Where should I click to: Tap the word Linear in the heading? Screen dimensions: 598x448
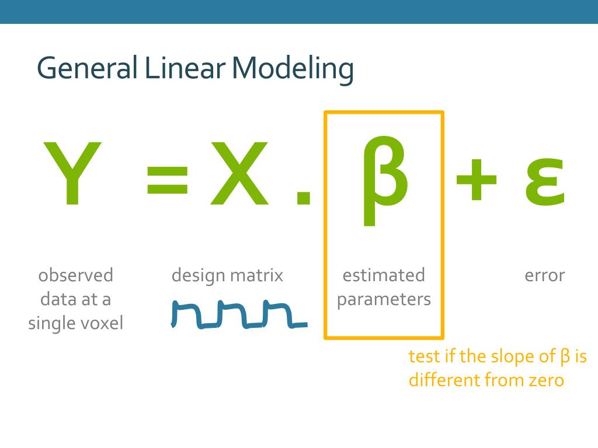[185, 69]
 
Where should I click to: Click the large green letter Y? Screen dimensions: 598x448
[72, 174]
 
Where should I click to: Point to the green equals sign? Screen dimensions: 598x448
[168, 179]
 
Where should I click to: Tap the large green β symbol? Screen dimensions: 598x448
[384, 178]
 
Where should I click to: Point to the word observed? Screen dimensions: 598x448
[76, 275]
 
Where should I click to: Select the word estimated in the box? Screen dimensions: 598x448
[384, 275]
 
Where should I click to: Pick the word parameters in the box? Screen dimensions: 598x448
[384, 300]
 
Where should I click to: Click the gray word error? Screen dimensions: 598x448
[544, 275]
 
